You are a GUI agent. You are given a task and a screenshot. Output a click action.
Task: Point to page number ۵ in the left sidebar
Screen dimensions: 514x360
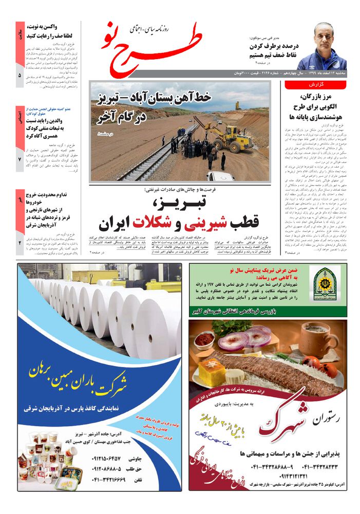coord(20,76)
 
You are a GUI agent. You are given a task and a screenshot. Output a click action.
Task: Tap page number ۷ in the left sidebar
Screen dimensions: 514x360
coord(20,160)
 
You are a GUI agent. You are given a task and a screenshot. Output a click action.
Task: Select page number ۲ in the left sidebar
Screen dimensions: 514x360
coord(20,242)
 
